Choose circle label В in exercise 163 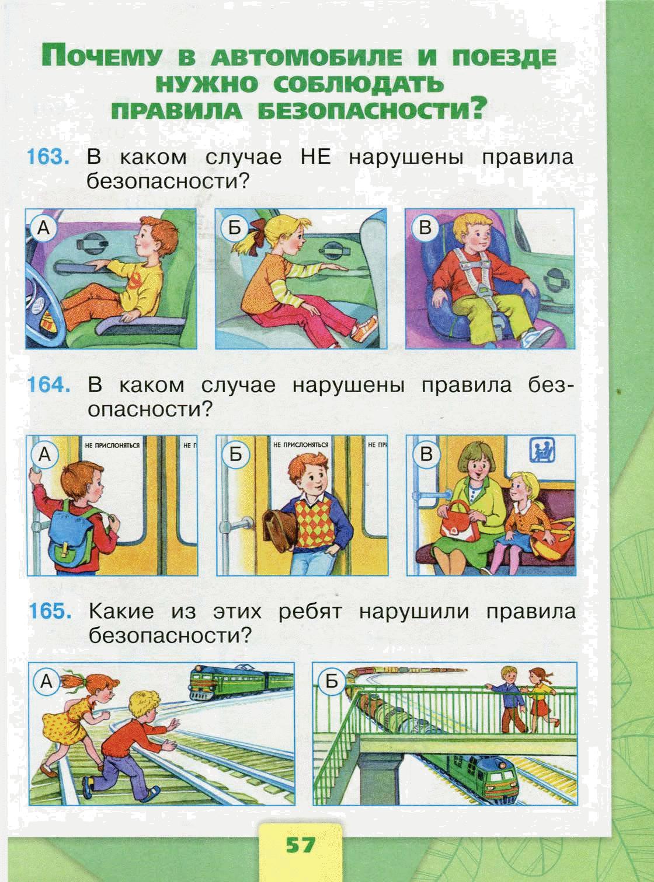(425, 228)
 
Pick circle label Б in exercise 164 (236, 454)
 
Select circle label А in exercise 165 (47, 682)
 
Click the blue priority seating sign (544, 450)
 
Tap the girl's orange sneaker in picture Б (364, 328)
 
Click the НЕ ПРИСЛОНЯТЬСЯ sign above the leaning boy (301, 445)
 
